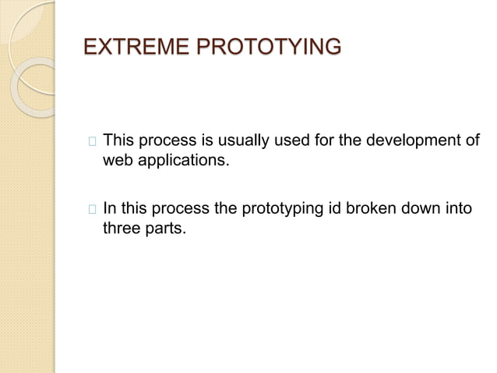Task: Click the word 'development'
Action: pos(418,141)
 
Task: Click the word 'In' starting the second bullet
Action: pos(109,208)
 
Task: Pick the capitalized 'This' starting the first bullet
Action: pos(118,141)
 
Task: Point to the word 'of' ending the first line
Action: pos(472,141)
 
